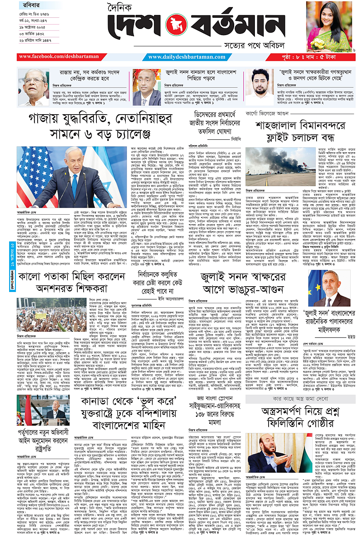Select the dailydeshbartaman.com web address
[x=187, y=57]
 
